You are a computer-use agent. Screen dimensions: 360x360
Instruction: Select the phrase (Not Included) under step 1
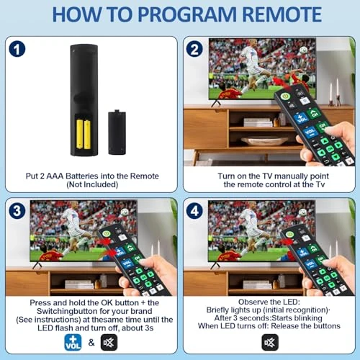[89, 186]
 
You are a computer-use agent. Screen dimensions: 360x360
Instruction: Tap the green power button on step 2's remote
[286, 94]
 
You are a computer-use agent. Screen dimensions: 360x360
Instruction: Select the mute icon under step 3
[109, 342]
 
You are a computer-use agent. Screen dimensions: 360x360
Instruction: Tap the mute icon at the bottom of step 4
[270, 342]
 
